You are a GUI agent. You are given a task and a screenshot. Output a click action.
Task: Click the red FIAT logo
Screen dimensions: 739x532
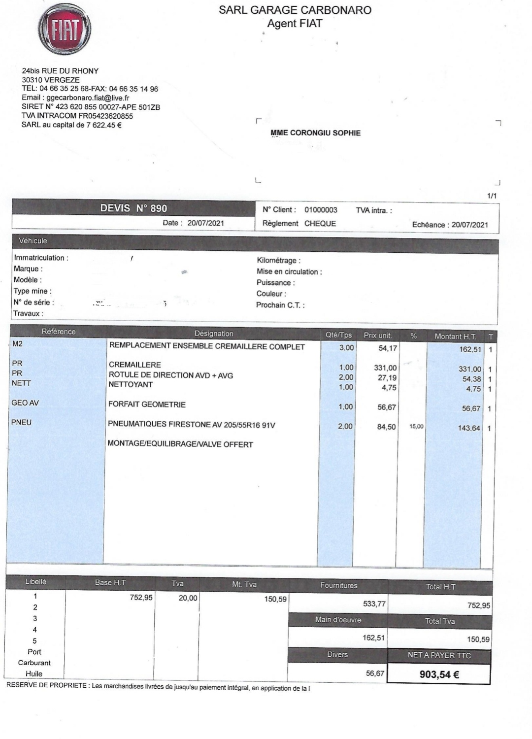(x=65, y=30)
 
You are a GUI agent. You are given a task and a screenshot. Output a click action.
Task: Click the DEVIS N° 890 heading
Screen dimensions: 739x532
(x=133, y=208)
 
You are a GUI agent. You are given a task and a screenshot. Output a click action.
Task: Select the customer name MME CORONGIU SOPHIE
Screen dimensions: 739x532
(x=315, y=133)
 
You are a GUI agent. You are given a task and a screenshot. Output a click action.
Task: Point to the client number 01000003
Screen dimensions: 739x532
(x=321, y=210)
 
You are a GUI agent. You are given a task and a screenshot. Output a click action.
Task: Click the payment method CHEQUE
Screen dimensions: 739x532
(x=320, y=223)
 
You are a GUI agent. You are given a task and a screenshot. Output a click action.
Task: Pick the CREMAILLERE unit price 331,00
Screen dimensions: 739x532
(x=385, y=368)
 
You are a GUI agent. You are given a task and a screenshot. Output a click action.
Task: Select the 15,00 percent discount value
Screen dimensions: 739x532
(x=416, y=426)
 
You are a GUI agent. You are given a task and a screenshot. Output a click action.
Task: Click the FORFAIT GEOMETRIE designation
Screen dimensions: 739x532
(x=147, y=404)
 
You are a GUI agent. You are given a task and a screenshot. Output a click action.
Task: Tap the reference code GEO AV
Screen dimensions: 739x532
(x=25, y=403)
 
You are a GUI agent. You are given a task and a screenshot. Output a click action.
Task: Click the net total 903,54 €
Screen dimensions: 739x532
(x=439, y=674)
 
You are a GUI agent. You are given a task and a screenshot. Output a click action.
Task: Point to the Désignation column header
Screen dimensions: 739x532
(x=214, y=334)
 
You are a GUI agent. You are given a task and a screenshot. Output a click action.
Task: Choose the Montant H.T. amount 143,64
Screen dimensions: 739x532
(x=468, y=428)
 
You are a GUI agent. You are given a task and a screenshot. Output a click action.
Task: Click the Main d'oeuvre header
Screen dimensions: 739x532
(x=338, y=620)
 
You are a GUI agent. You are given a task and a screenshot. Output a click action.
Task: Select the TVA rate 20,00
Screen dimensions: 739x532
(x=188, y=598)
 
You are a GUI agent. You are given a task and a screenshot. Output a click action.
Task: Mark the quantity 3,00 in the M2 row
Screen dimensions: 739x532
(x=346, y=348)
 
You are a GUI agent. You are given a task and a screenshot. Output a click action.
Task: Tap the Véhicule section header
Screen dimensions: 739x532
(x=33, y=241)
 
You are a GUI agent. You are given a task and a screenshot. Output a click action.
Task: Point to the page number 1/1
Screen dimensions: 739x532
(x=492, y=196)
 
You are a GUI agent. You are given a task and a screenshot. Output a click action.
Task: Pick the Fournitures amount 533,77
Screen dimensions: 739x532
(x=374, y=604)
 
